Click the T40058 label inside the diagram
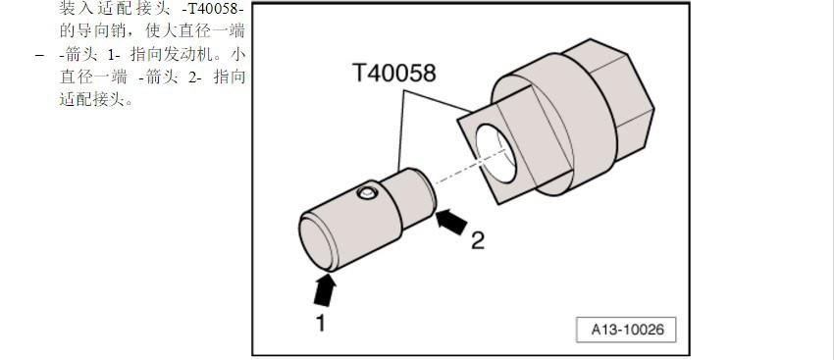pos(393,73)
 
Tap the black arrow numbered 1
pos(325,290)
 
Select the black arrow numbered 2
pos(451,222)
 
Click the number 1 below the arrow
pos(320,323)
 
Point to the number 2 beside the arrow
pos(478,241)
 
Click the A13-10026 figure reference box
pos(626,330)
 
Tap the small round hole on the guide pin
pos(367,192)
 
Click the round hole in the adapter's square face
pos(495,154)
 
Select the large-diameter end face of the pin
pos(317,243)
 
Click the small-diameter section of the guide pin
pos(409,197)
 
